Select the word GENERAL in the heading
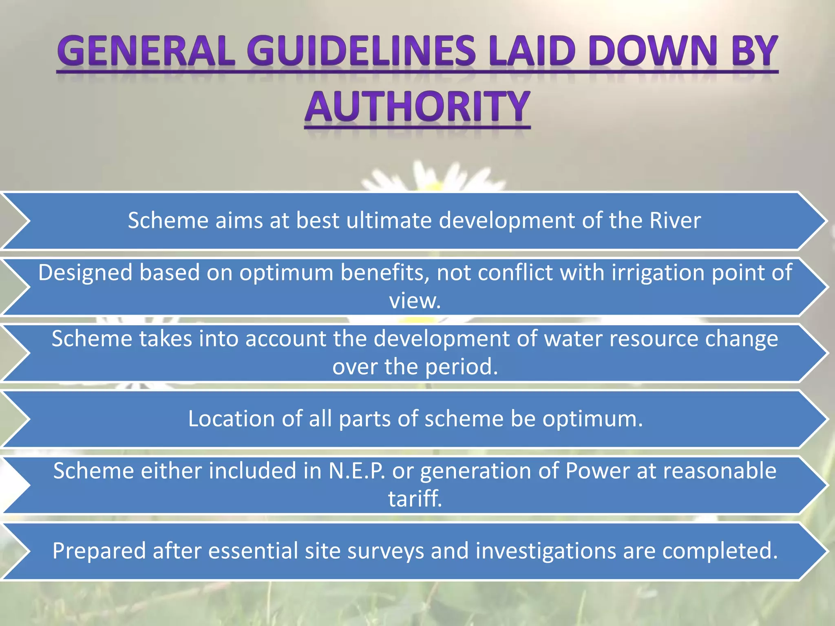146,51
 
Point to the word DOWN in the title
652,51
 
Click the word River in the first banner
675,220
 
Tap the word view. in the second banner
415,301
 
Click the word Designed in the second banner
85,272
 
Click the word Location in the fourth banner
231,419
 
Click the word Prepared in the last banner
99,551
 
